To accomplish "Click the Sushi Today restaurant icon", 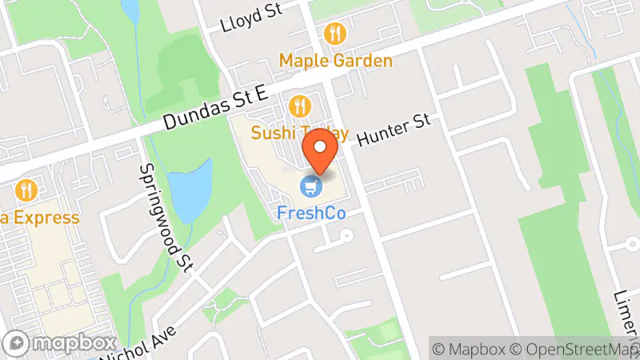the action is pos(300,106).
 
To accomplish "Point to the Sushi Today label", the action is pos(300,132).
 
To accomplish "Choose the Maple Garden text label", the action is pos(336,61).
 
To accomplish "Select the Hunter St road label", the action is pos(394,129).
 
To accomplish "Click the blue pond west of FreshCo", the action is pos(193,190).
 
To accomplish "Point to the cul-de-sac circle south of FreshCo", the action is pos(346,236).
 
